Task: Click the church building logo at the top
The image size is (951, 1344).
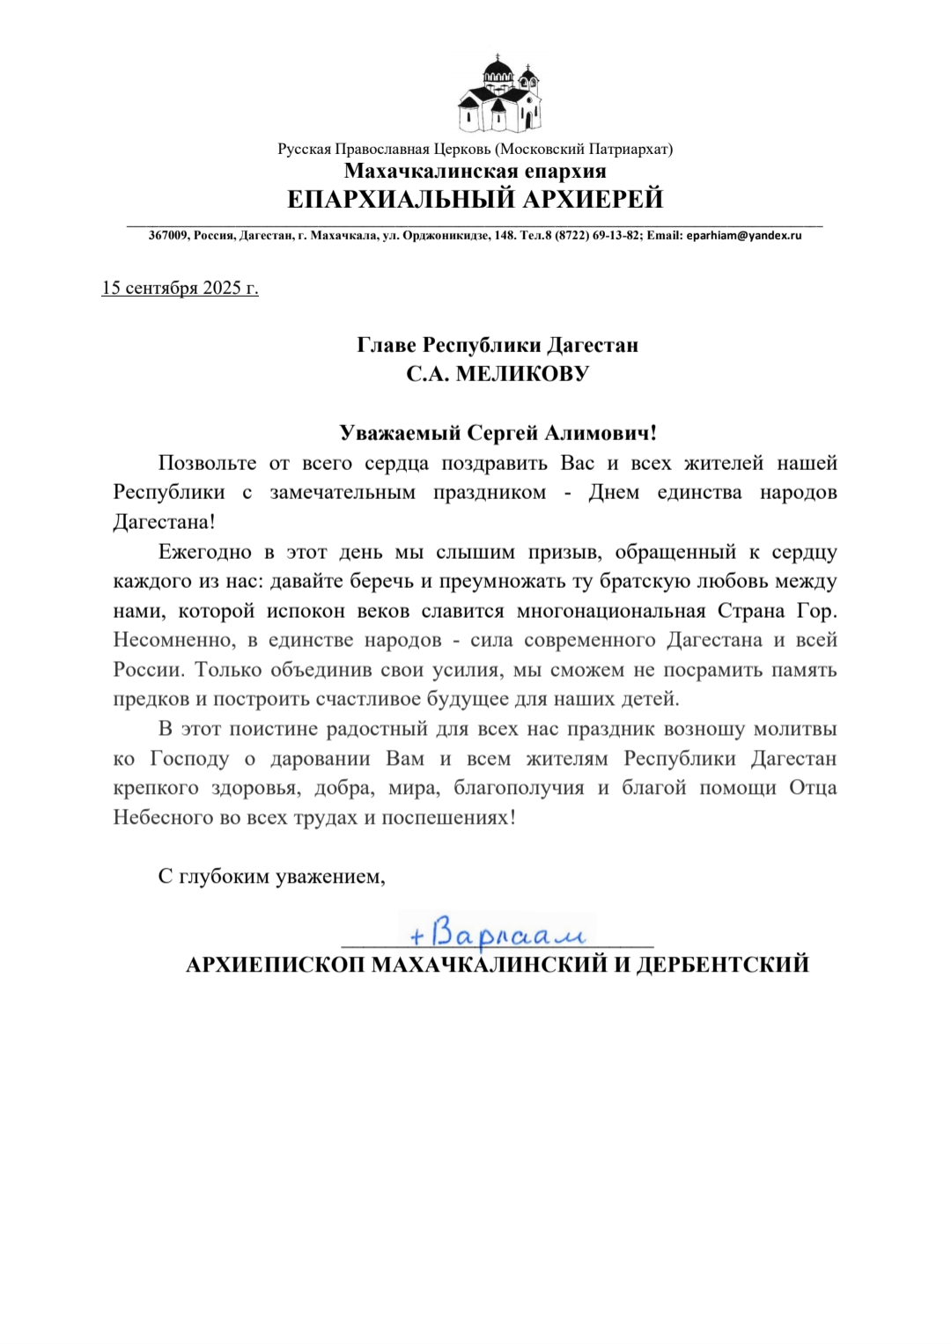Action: (x=498, y=94)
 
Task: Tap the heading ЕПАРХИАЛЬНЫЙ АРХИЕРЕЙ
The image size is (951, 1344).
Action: (x=475, y=200)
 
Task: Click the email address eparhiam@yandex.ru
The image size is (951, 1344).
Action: (x=744, y=236)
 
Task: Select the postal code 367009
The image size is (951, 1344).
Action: (x=168, y=236)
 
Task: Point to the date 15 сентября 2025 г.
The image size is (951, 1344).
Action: (x=180, y=288)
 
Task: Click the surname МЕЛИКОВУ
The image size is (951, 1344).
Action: (x=523, y=374)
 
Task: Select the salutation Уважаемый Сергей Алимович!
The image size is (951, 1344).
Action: (x=498, y=433)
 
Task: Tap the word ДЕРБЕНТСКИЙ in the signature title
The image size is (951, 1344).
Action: (x=722, y=965)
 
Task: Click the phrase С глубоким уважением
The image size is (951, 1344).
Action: (x=271, y=877)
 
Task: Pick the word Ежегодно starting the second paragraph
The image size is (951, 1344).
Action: (x=204, y=553)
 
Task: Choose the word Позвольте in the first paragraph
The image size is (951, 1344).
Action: (x=207, y=464)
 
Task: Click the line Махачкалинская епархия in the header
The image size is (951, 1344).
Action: (x=475, y=172)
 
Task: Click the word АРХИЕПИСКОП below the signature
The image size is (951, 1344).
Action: (x=276, y=965)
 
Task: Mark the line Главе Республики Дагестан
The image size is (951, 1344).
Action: (x=498, y=345)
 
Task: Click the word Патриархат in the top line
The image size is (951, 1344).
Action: (x=631, y=150)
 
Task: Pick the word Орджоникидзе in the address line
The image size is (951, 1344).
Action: (x=446, y=236)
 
